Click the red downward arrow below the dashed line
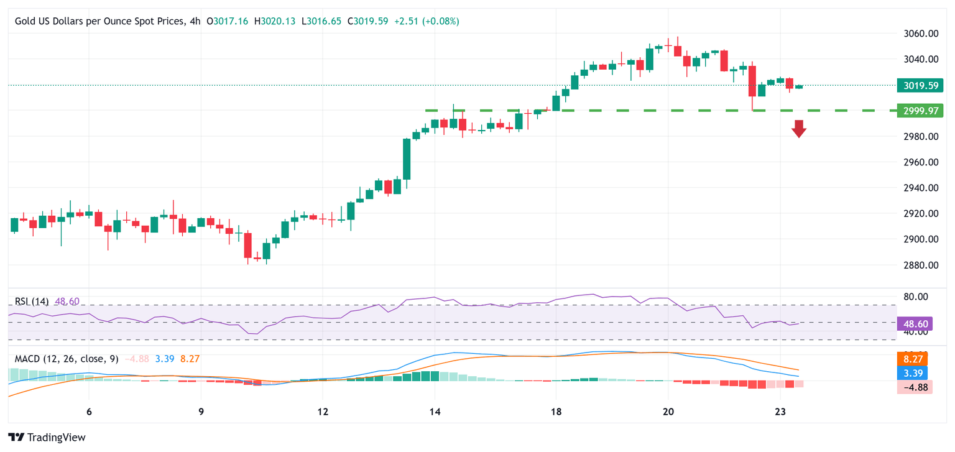pyautogui.click(x=799, y=129)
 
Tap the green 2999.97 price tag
pyautogui.click(x=920, y=111)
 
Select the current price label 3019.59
pyautogui.click(x=920, y=85)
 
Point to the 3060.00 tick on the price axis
pyautogui.click(x=920, y=34)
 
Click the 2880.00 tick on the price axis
pyautogui.click(x=920, y=265)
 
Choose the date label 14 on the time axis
pyautogui.click(x=435, y=412)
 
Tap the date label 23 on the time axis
pyautogui.click(x=781, y=412)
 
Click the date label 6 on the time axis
pyautogui.click(x=89, y=412)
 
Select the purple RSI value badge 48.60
pyautogui.click(x=915, y=323)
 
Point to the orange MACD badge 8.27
pyautogui.click(x=915, y=358)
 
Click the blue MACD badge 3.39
pyautogui.click(x=915, y=373)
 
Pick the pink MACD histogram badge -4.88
pyautogui.click(x=915, y=387)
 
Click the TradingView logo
pyautogui.click(x=47, y=437)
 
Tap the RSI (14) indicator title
pyautogui.click(x=32, y=302)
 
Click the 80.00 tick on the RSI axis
pyautogui.click(x=920, y=297)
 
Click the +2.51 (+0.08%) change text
pyautogui.click(x=427, y=21)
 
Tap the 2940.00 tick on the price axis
pyautogui.click(x=920, y=188)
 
